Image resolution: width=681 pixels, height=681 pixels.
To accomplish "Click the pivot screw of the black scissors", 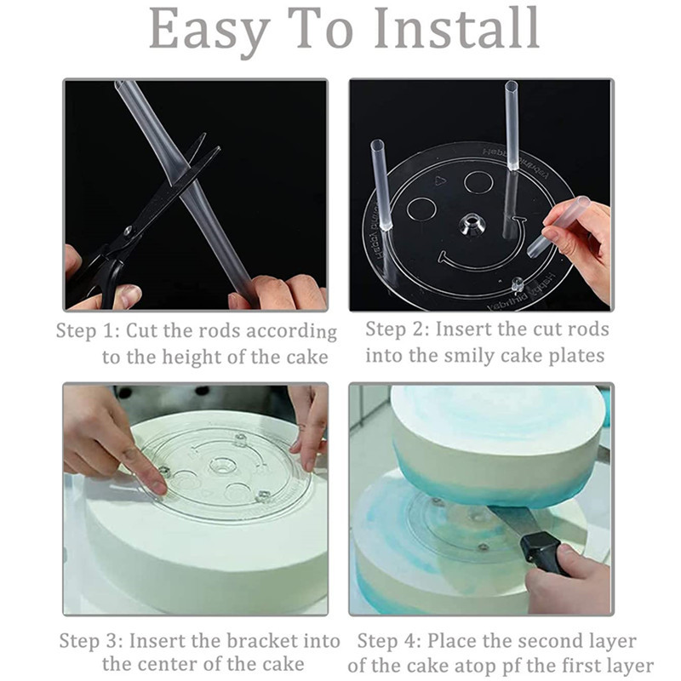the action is [x=129, y=231].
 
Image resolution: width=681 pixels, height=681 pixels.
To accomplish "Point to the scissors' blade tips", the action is [x=209, y=143].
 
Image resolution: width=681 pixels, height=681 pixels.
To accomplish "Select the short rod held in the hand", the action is [x=558, y=226].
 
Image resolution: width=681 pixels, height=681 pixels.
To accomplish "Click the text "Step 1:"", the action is [x=88, y=331].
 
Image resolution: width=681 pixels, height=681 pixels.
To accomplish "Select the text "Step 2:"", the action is [x=397, y=329].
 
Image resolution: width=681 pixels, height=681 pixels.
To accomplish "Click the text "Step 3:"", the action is [x=91, y=641].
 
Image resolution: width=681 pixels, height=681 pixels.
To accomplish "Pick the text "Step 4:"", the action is [x=389, y=641].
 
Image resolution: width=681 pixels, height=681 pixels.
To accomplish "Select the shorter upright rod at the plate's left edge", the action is [x=380, y=185].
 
